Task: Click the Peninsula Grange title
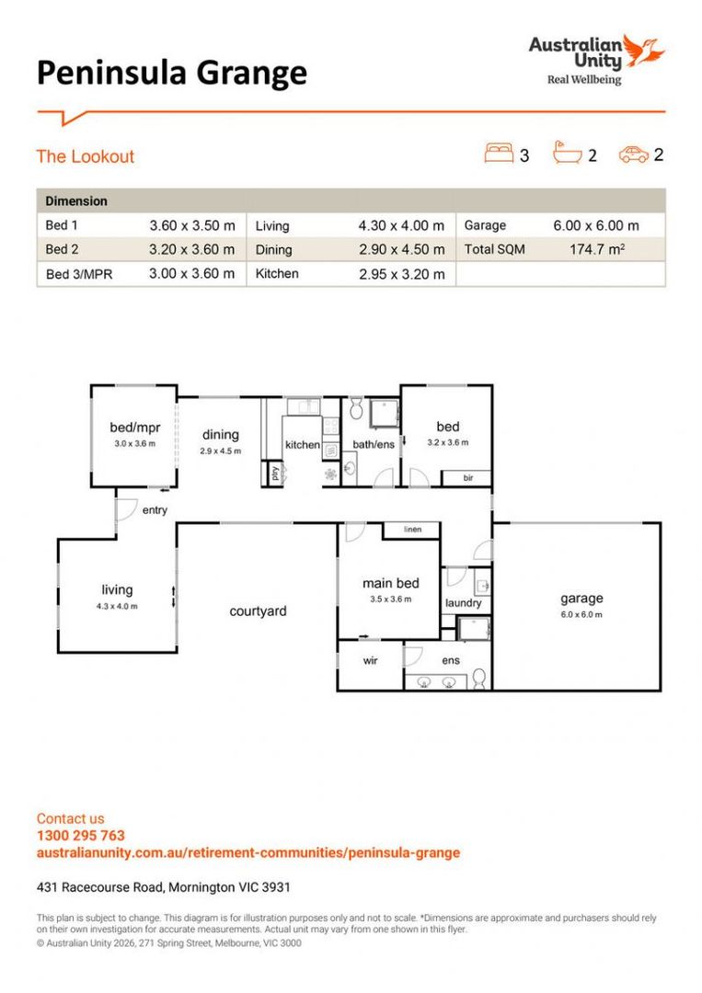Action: point(171,73)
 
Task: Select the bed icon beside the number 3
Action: point(499,153)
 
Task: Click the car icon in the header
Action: point(633,154)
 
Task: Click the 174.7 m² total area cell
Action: point(596,249)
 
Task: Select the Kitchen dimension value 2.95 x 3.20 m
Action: point(401,274)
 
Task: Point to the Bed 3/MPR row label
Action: point(78,274)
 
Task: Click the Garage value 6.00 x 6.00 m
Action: point(596,225)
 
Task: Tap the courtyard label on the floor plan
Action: point(258,611)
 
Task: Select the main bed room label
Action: point(390,583)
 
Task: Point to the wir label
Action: point(371,660)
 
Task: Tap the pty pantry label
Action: point(274,474)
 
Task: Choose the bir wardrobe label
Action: point(468,478)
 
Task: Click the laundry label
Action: point(463,603)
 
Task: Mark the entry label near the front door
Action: point(155,510)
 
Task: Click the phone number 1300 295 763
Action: point(80,836)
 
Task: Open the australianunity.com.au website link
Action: point(247,852)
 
